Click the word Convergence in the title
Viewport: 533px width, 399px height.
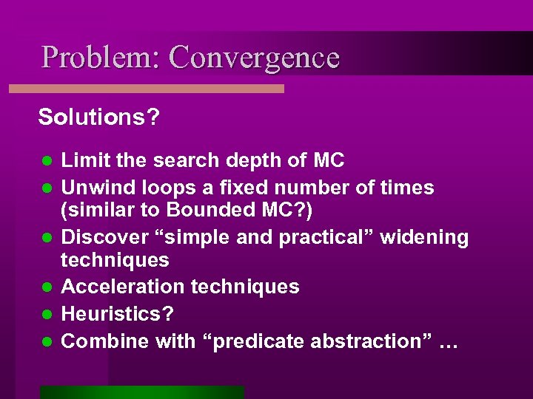(x=254, y=58)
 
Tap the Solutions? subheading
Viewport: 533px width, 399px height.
(x=98, y=117)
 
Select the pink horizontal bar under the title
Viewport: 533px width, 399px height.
(x=147, y=89)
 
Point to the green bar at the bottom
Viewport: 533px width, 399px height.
(x=142, y=392)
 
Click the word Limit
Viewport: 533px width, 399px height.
(x=82, y=160)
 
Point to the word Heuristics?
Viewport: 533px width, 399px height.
(x=118, y=314)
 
